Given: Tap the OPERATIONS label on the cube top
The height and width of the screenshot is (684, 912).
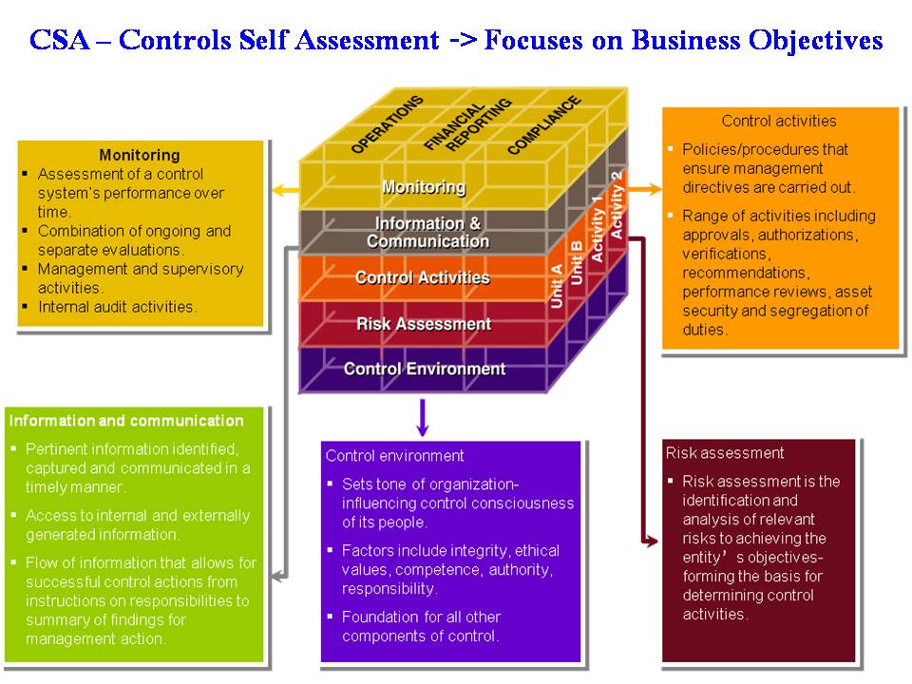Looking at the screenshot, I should [x=387, y=124].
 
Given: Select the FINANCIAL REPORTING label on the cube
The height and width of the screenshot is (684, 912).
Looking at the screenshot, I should [x=466, y=124].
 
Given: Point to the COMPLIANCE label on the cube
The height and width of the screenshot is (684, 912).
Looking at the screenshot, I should [x=543, y=124].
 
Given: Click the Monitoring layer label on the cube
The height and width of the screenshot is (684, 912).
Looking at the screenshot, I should [x=424, y=187].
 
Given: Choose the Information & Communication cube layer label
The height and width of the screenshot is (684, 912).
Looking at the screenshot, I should [x=427, y=233].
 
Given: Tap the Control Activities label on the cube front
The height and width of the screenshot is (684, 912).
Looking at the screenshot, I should [x=422, y=277].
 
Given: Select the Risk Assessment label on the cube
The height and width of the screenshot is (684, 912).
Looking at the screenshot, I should [x=424, y=324].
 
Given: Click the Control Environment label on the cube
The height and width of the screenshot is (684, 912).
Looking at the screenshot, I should [x=424, y=369].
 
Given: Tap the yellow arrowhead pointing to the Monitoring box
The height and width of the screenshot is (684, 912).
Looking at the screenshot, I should [x=278, y=191].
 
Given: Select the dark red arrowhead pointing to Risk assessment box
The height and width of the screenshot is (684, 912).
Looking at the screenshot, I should [x=651, y=541].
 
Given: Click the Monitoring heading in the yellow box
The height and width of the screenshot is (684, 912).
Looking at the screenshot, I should [x=139, y=155].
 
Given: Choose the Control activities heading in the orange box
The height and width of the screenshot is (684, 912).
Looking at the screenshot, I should [x=779, y=121].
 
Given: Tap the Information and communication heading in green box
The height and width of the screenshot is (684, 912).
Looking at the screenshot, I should [x=126, y=420].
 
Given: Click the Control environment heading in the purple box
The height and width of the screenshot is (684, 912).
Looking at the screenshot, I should [x=395, y=456].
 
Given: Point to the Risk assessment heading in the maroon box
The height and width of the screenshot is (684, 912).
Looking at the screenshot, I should [x=725, y=453].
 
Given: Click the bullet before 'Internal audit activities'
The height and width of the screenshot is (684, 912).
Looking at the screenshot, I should [x=26, y=307].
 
